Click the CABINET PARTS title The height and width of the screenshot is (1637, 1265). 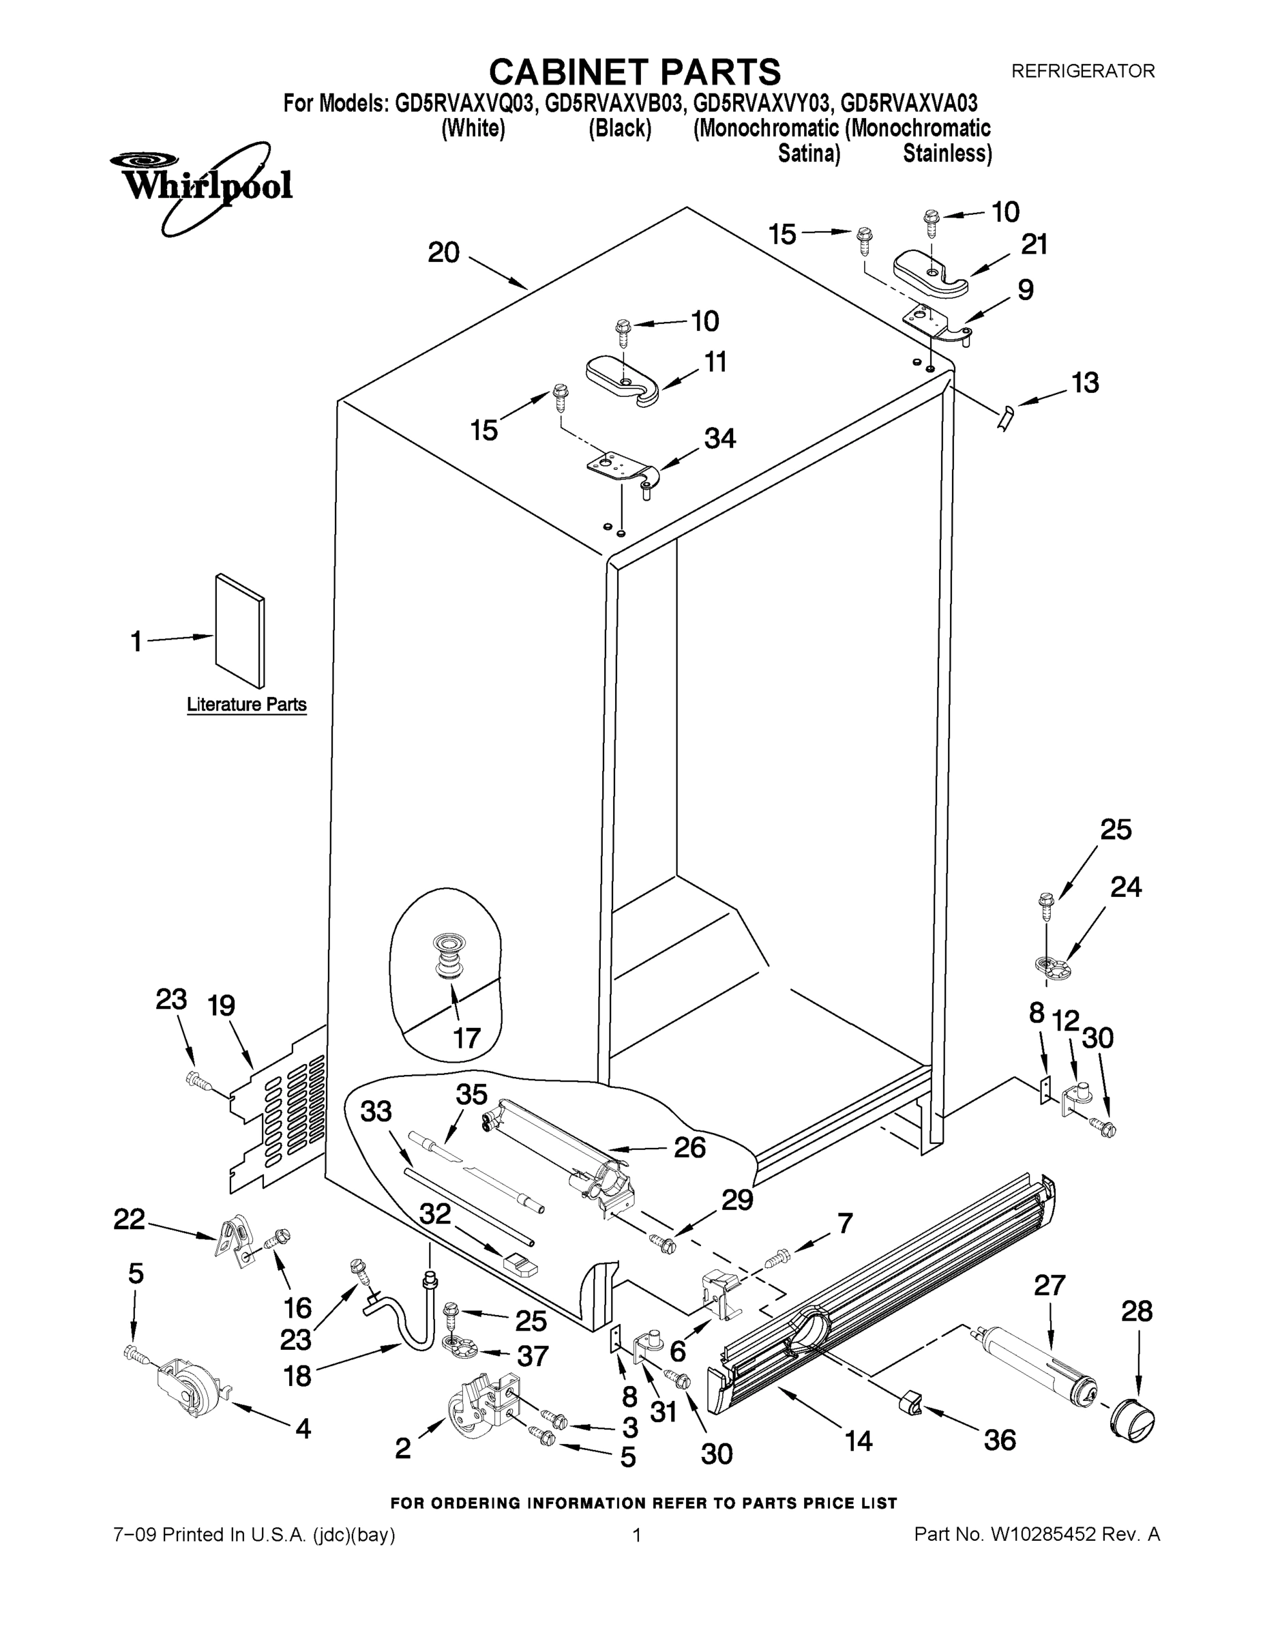point(635,73)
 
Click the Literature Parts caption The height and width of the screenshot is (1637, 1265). point(247,705)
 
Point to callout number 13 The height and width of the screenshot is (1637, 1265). point(1085,383)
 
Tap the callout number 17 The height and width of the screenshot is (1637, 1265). point(466,1038)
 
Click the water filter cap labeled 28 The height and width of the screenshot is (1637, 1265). point(1132,1417)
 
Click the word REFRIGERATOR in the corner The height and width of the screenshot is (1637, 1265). point(1083,71)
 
